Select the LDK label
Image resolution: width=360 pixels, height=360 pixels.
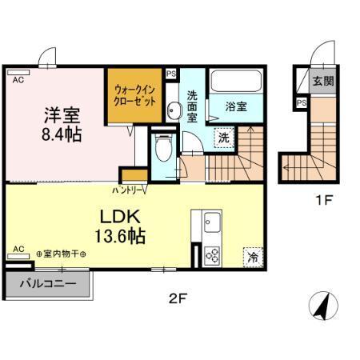pos(120,216)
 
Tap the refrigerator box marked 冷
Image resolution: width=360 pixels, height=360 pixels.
pos(253,258)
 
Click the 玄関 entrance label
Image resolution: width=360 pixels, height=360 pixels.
pos(323,81)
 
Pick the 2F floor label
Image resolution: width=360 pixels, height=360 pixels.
pos(177,301)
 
